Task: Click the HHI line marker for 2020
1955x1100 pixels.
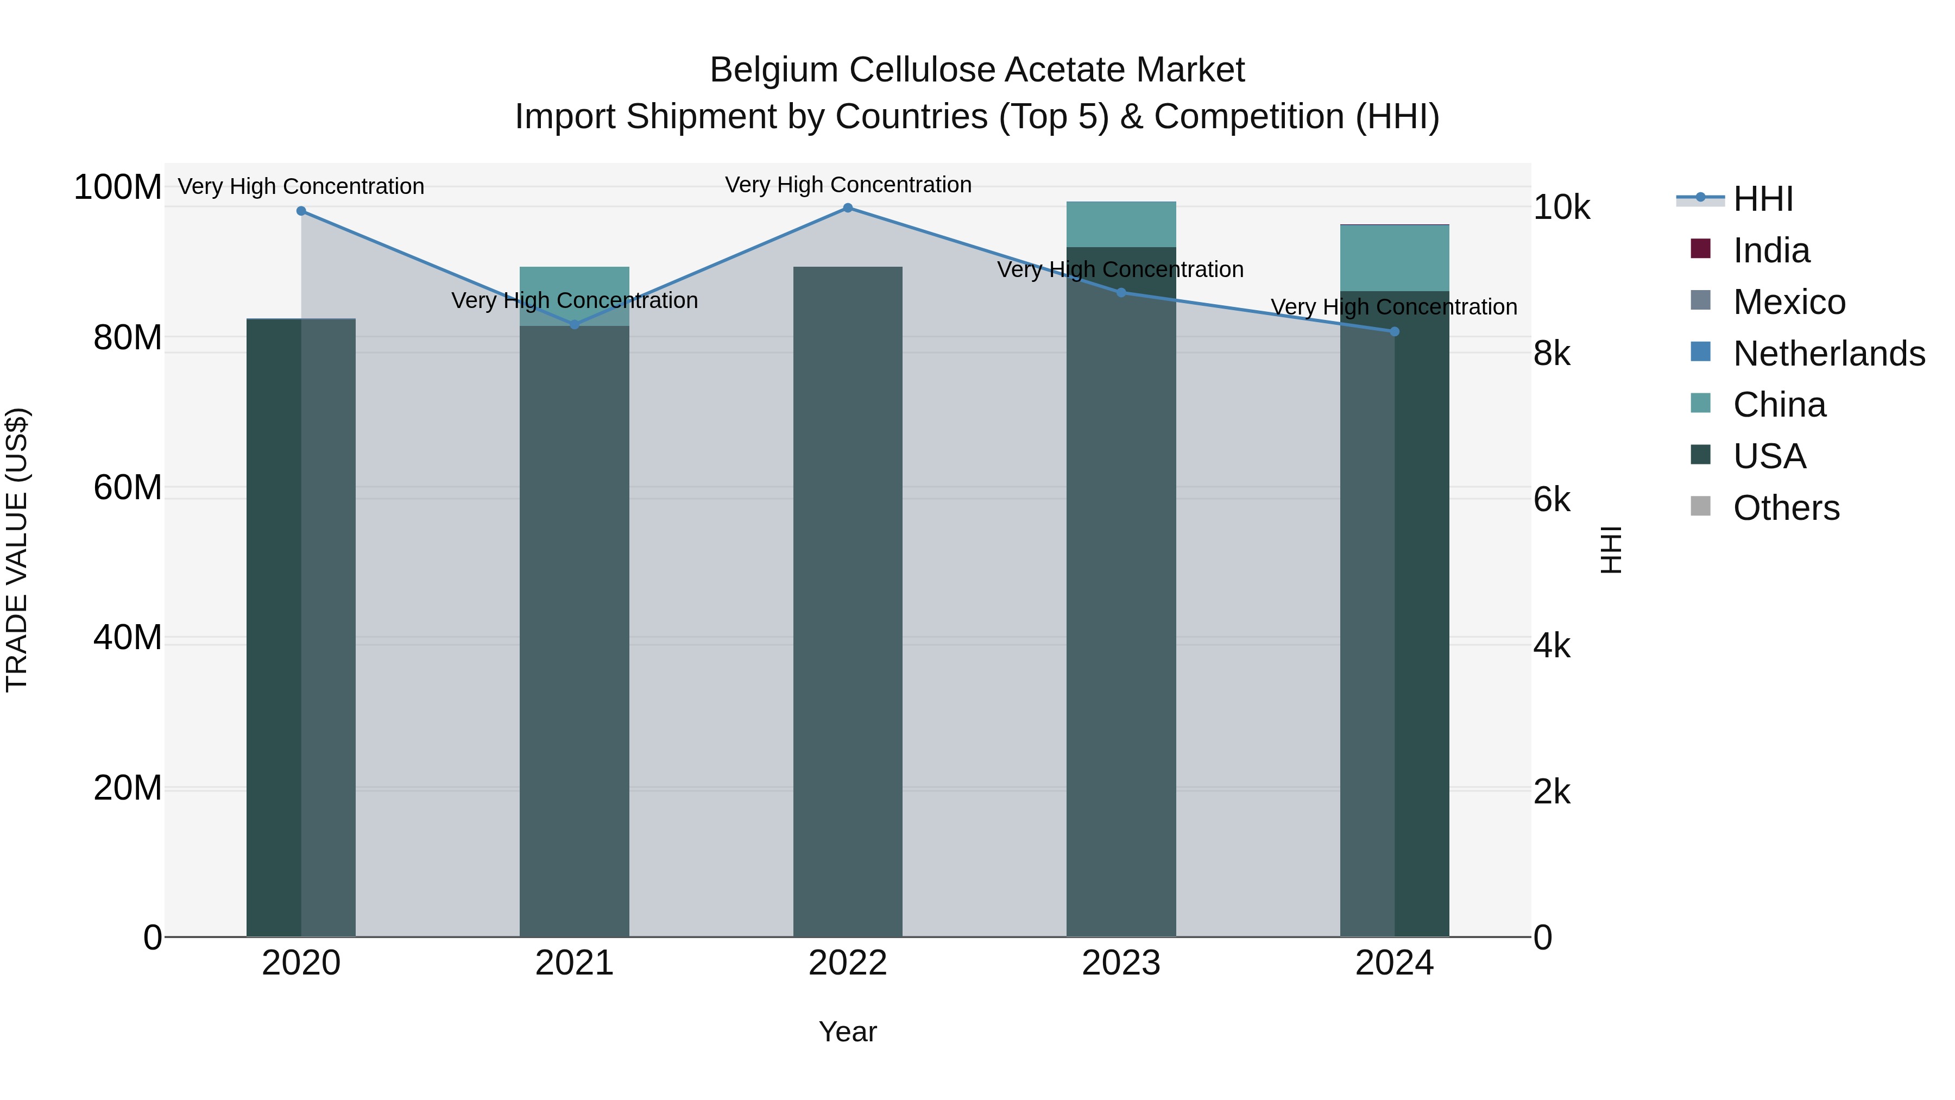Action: [301, 211]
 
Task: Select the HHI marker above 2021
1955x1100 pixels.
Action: [575, 325]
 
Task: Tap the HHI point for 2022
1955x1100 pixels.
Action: [848, 208]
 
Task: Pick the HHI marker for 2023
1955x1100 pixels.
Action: [1121, 292]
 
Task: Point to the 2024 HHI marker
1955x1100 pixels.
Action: [1394, 332]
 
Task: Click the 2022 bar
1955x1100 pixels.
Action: [848, 607]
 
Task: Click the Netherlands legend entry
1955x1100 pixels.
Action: [1828, 354]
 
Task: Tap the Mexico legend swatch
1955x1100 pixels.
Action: [1701, 301]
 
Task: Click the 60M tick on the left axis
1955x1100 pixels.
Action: [127, 487]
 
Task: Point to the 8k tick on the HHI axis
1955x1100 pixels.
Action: [1552, 354]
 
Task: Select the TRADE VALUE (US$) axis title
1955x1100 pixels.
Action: [17, 550]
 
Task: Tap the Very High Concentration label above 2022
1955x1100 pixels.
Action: [848, 185]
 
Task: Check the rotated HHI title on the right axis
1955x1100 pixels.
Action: [1610, 550]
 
